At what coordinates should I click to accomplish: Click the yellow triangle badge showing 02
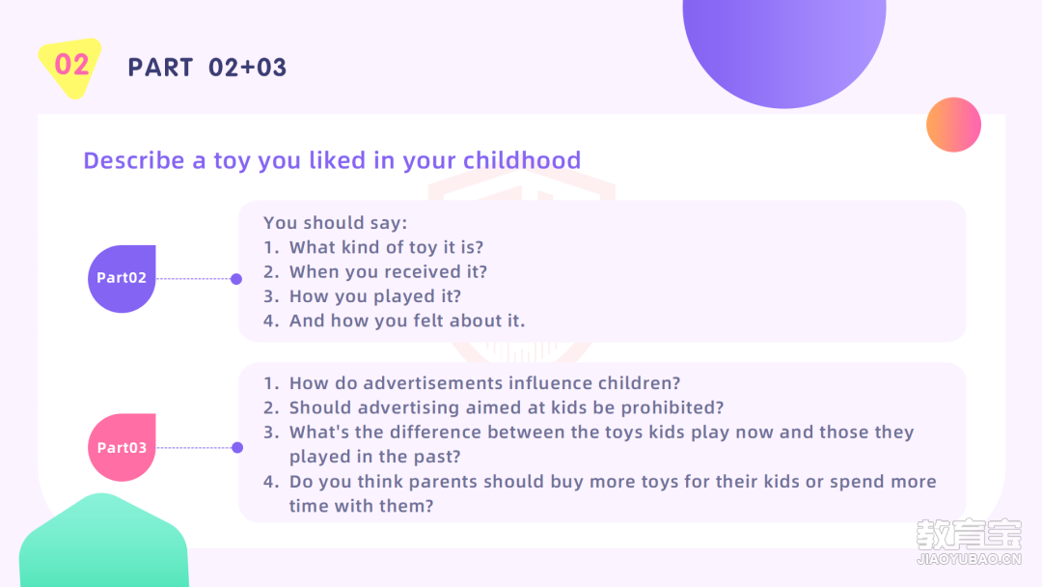pyautogui.click(x=71, y=65)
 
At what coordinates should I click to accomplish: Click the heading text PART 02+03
pyautogui.click(x=206, y=68)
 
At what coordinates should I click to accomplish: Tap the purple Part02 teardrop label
pyautogui.click(x=122, y=279)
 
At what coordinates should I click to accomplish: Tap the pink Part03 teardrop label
pyautogui.click(x=122, y=447)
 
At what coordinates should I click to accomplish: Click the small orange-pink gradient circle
pyautogui.click(x=953, y=125)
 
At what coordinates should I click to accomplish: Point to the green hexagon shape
pyautogui.click(x=104, y=542)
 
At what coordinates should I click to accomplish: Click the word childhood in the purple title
pyautogui.click(x=522, y=160)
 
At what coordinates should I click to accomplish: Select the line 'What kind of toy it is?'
pyautogui.click(x=386, y=247)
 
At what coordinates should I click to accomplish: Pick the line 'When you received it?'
pyautogui.click(x=388, y=272)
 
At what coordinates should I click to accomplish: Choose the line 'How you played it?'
pyautogui.click(x=374, y=296)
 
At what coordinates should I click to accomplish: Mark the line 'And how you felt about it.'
pyautogui.click(x=407, y=321)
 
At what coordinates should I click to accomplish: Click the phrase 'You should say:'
pyautogui.click(x=335, y=222)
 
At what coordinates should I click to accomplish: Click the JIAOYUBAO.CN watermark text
pyautogui.click(x=969, y=559)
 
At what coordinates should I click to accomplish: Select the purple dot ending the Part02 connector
pyautogui.click(x=236, y=279)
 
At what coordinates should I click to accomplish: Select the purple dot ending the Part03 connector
pyautogui.click(x=237, y=447)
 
